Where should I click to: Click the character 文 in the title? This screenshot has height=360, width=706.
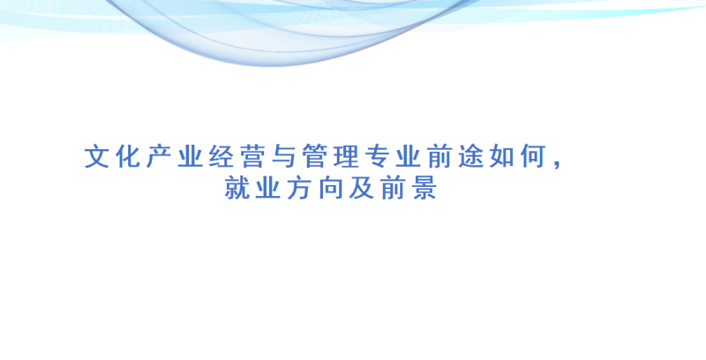[97, 156]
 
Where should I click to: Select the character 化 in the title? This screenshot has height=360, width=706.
[128, 156]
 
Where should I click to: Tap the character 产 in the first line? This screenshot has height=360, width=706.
[159, 156]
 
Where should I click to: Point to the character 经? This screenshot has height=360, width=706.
[222, 156]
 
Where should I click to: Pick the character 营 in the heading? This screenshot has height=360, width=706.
[252, 156]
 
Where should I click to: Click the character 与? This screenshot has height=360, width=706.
[283, 156]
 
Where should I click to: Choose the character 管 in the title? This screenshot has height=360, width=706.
[315, 156]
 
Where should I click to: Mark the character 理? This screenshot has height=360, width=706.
[346, 156]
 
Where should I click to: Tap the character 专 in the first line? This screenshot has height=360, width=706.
[377, 156]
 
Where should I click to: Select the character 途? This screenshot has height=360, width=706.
[470, 156]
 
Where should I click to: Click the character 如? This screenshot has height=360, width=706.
[501, 156]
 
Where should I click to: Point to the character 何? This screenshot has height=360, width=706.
[533, 156]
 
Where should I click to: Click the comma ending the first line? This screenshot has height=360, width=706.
[559, 165]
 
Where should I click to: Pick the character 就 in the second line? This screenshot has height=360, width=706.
[237, 188]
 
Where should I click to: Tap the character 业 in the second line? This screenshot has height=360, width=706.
[268, 188]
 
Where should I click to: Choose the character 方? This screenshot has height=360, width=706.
[299, 188]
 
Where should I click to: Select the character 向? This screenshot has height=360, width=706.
[330, 188]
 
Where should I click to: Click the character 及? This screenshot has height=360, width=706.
[362, 188]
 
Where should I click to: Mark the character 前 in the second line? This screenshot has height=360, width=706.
[393, 188]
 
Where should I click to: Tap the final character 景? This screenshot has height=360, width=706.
[424, 188]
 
